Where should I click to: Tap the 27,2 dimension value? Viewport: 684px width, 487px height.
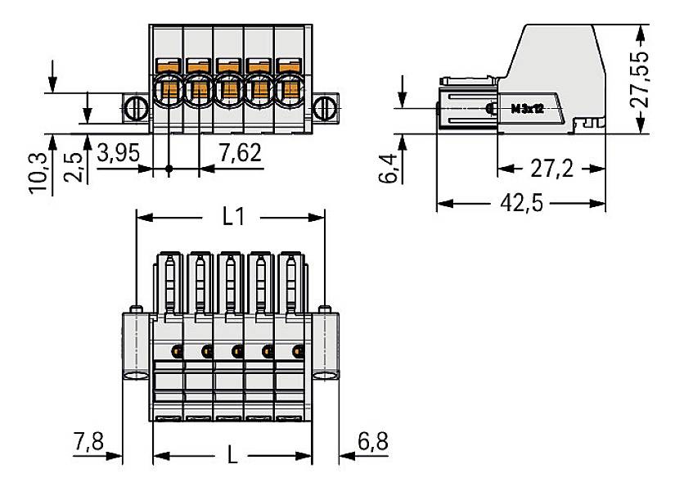pyautogui.click(x=551, y=169)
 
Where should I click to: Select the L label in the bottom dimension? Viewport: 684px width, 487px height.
pyautogui.click(x=232, y=454)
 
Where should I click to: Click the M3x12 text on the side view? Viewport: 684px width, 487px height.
pyautogui.click(x=527, y=108)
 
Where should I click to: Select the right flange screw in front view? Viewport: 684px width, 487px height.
pyautogui.click(x=326, y=107)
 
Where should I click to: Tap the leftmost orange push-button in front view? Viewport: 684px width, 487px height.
pyautogui.click(x=168, y=65)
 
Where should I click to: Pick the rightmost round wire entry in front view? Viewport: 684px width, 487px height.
pyautogui.click(x=289, y=90)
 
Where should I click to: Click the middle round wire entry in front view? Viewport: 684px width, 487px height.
pyautogui.click(x=228, y=90)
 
